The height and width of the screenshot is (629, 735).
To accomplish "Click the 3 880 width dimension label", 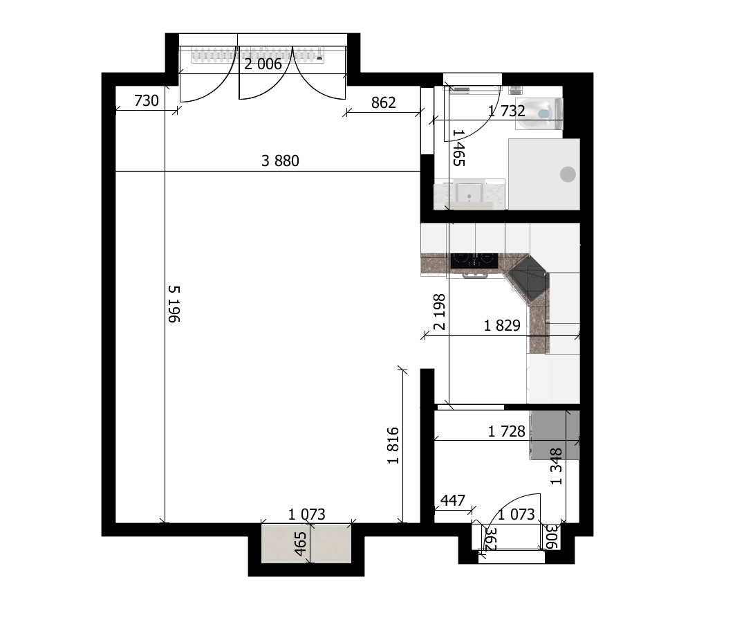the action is click(x=280, y=161).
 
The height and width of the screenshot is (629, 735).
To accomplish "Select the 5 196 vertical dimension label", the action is click(x=174, y=304).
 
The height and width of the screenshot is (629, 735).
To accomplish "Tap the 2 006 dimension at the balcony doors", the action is click(x=263, y=64).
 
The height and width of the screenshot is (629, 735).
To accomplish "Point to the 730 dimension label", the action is click(x=147, y=101).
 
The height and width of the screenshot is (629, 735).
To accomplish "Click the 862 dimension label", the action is click(x=384, y=102).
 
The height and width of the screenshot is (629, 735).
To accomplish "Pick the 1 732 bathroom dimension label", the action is click(x=506, y=111).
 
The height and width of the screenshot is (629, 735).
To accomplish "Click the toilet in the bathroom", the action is click(x=539, y=113).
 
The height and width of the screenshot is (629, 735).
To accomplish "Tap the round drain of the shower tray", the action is click(x=568, y=174).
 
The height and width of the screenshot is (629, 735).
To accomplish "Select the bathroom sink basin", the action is click(x=468, y=193).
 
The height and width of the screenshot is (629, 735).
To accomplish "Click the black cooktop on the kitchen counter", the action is click(x=474, y=260).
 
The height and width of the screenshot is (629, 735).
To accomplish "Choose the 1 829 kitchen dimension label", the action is click(x=502, y=325).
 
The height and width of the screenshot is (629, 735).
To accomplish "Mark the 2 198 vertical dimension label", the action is click(x=439, y=312).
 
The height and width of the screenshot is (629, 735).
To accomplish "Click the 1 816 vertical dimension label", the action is click(x=393, y=446).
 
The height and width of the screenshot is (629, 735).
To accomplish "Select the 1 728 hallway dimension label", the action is click(x=507, y=432).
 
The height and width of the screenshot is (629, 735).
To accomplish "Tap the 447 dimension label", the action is click(x=452, y=500).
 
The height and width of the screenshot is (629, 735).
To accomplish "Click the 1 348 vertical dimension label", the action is click(x=556, y=466).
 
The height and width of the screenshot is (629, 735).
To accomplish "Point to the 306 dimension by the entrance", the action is click(x=551, y=537).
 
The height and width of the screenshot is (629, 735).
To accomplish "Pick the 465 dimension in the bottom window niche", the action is click(x=300, y=543).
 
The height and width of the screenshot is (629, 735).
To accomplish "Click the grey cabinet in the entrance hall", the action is click(x=555, y=435).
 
